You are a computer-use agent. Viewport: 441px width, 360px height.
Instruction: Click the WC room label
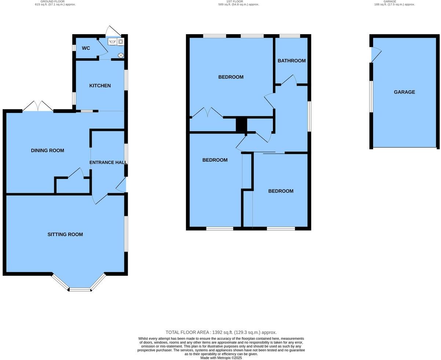86,48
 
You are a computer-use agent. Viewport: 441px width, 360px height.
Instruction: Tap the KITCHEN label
100,85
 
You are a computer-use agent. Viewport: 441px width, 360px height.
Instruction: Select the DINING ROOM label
47,150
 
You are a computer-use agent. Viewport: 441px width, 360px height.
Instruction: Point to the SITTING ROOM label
65,234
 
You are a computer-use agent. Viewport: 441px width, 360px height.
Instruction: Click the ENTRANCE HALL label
108,162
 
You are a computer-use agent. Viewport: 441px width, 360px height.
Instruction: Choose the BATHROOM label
291,60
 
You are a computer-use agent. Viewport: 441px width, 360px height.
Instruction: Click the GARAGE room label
404,92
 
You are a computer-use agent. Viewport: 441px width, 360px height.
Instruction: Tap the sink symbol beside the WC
112,42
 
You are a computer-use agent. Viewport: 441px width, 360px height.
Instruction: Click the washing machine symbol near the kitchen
120,42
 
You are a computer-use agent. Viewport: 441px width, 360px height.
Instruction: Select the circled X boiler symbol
121,55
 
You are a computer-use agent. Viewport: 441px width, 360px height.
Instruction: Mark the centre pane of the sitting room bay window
80,290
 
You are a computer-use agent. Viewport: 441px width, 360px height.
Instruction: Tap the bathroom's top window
289,36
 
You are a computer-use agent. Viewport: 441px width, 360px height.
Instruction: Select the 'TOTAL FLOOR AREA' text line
221,332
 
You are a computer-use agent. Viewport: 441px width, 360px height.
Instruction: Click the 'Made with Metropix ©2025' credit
221,358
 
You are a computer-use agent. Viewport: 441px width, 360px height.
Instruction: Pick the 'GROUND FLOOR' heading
52,1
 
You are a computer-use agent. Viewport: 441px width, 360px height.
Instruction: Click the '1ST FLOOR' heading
234,1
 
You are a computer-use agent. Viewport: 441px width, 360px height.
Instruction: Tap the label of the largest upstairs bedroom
231,77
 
